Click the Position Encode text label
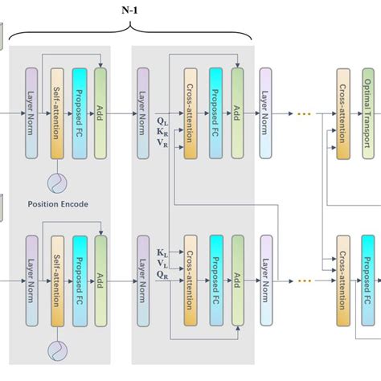point(57,204)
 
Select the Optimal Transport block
point(368,113)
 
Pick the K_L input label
point(162,252)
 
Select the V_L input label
point(162,263)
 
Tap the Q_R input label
point(162,274)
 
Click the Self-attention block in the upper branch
point(57,113)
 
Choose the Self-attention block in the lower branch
point(57,281)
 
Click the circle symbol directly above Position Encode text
point(57,182)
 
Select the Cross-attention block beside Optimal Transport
point(344,113)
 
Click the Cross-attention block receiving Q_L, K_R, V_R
point(191,113)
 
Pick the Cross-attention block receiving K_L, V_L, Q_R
point(191,281)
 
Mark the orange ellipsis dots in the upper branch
point(304,113)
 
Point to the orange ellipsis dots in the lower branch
point(304,281)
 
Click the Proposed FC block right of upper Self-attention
point(79,113)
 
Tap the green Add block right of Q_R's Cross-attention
point(237,281)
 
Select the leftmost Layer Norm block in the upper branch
point(31,113)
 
